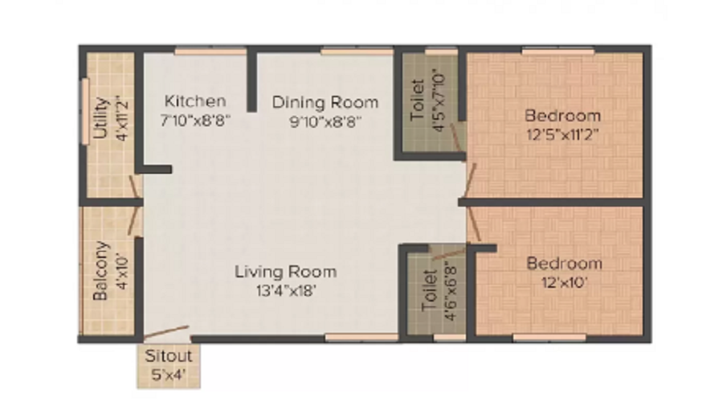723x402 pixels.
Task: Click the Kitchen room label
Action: (195, 102)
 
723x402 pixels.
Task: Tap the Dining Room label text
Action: (325, 102)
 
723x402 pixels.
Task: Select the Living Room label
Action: (285, 272)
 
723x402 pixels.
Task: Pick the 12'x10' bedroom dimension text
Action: (563, 282)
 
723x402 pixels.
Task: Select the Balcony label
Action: (100, 271)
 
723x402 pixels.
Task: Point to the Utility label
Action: (100, 119)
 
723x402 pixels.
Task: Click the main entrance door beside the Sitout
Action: (166, 332)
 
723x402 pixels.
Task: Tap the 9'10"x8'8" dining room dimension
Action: (325, 122)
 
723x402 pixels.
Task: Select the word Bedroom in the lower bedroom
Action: (563, 263)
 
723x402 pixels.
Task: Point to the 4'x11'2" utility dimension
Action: (121, 119)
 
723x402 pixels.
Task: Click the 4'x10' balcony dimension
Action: (121, 271)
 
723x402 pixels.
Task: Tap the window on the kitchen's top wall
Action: (210, 51)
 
